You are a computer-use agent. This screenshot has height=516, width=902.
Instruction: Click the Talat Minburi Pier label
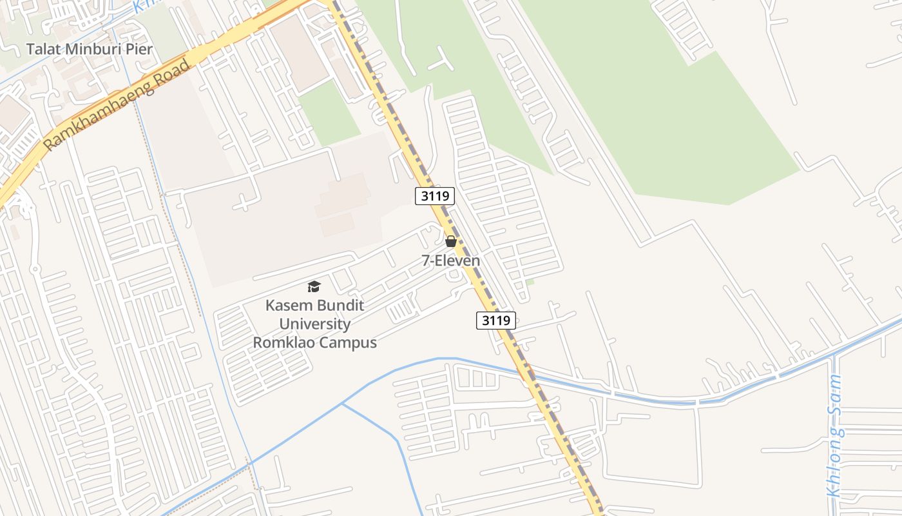89,49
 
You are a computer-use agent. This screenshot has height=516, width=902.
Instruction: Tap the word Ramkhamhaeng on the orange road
108,110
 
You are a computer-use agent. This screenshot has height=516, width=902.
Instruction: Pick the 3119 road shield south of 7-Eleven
496,320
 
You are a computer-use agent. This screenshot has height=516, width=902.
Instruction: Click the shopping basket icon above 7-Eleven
451,241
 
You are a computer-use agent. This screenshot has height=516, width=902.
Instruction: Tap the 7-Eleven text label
451,261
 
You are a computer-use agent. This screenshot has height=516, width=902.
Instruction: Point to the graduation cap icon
314,286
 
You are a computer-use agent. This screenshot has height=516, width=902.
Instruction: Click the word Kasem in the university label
288,305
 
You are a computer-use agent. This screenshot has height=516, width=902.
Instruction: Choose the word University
315,324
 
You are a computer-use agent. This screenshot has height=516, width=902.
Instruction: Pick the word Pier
140,49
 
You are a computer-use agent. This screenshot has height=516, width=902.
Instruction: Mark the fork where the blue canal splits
341,404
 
